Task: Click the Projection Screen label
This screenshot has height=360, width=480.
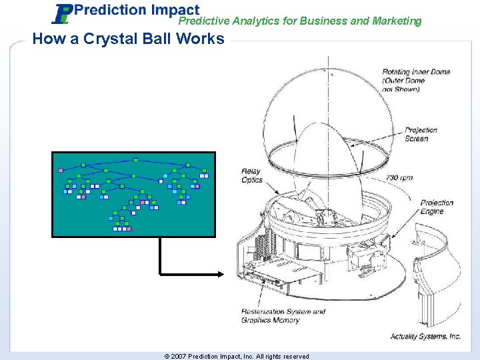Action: (x=421, y=134)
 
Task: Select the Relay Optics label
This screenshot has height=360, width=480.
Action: (x=251, y=176)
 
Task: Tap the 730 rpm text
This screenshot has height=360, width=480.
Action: (x=400, y=178)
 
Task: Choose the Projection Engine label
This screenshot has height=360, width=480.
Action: (x=437, y=207)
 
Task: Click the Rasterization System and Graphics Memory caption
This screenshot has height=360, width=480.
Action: (x=283, y=315)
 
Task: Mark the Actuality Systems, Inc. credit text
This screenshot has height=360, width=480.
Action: (x=425, y=337)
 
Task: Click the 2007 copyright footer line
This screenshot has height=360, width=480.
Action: (x=237, y=356)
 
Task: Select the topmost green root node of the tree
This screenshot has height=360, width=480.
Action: (x=135, y=160)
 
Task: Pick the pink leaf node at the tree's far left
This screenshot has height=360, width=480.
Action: (x=61, y=170)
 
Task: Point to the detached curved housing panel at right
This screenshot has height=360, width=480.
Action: (x=437, y=267)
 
